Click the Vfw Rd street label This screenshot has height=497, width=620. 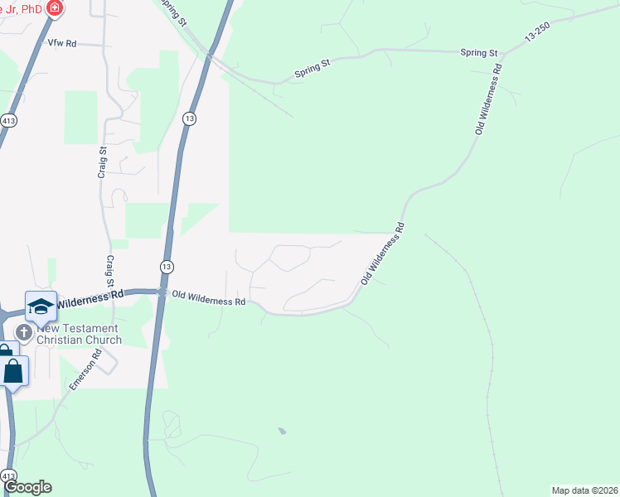point(62,43)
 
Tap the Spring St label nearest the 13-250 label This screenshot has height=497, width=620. point(479,52)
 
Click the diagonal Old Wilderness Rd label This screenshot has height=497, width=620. point(382,253)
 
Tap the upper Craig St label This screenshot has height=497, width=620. point(103,162)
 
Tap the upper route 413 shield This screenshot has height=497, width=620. point(8,120)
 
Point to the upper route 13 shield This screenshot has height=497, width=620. point(190,119)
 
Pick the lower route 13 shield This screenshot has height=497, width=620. point(167,266)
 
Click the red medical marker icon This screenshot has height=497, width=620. point(55,8)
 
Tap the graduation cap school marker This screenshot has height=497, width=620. point(41,306)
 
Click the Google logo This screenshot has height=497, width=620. point(27,487)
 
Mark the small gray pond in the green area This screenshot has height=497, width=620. point(282,431)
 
